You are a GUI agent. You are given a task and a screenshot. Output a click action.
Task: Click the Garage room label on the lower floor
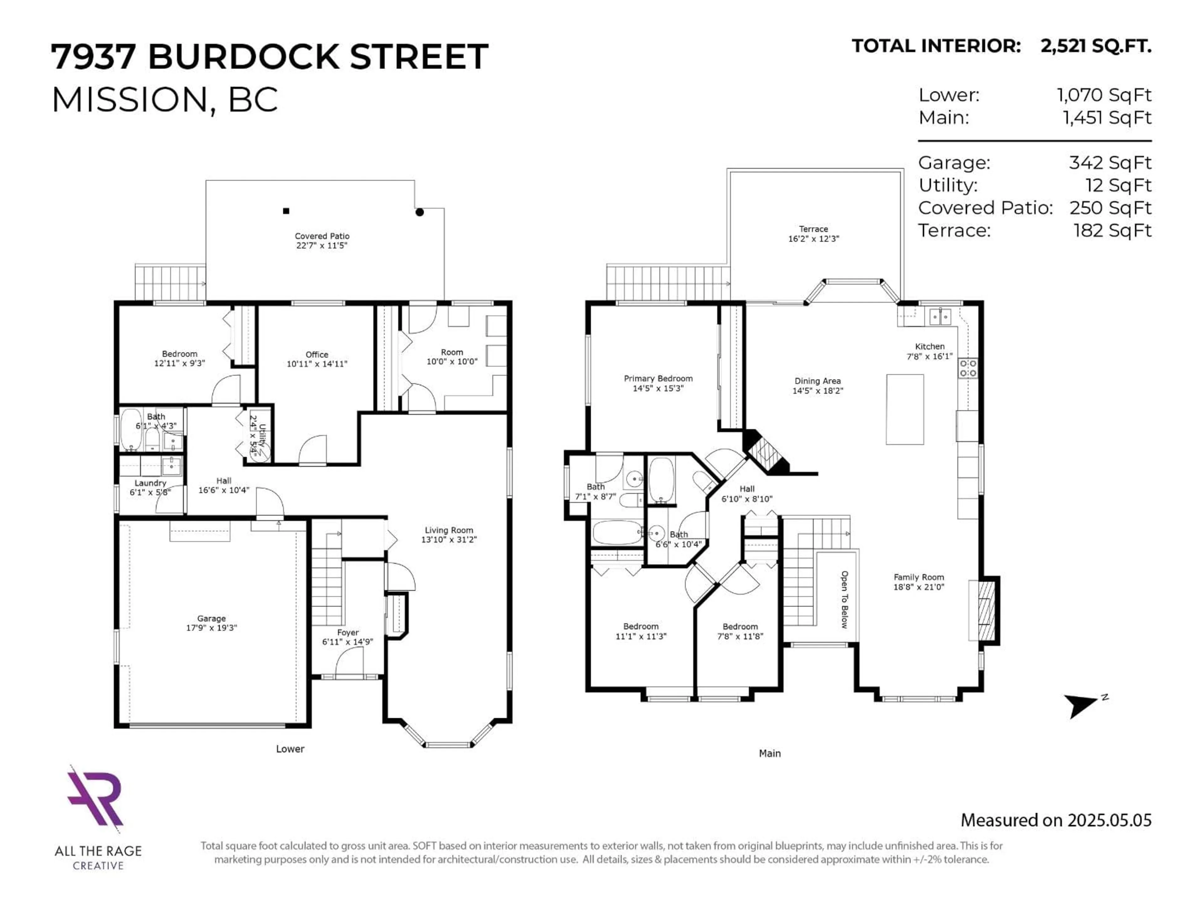click(x=211, y=618)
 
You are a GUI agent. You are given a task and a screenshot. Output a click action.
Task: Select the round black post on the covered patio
click(x=419, y=212)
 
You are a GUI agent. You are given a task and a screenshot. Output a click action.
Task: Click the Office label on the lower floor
click(x=317, y=354)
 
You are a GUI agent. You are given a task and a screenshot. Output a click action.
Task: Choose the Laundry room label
click(x=150, y=483)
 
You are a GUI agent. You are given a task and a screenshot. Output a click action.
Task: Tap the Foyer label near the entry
click(x=348, y=632)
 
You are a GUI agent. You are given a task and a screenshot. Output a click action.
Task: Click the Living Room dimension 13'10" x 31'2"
click(x=448, y=539)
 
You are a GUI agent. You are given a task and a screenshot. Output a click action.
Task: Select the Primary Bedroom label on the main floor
click(x=658, y=378)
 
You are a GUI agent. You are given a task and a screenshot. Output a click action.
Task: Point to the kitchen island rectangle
click(x=905, y=409)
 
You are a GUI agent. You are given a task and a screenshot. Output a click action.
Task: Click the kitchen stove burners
click(x=968, y=368)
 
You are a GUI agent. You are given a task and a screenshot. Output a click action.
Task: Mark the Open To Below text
click(x=844, y=599)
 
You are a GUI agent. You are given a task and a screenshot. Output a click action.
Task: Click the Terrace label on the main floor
click(x=813, y=229)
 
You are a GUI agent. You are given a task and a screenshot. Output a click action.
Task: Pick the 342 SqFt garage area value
click(x=1110, y=163)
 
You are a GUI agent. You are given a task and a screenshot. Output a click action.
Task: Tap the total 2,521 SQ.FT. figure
click(x=1096, y=46)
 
